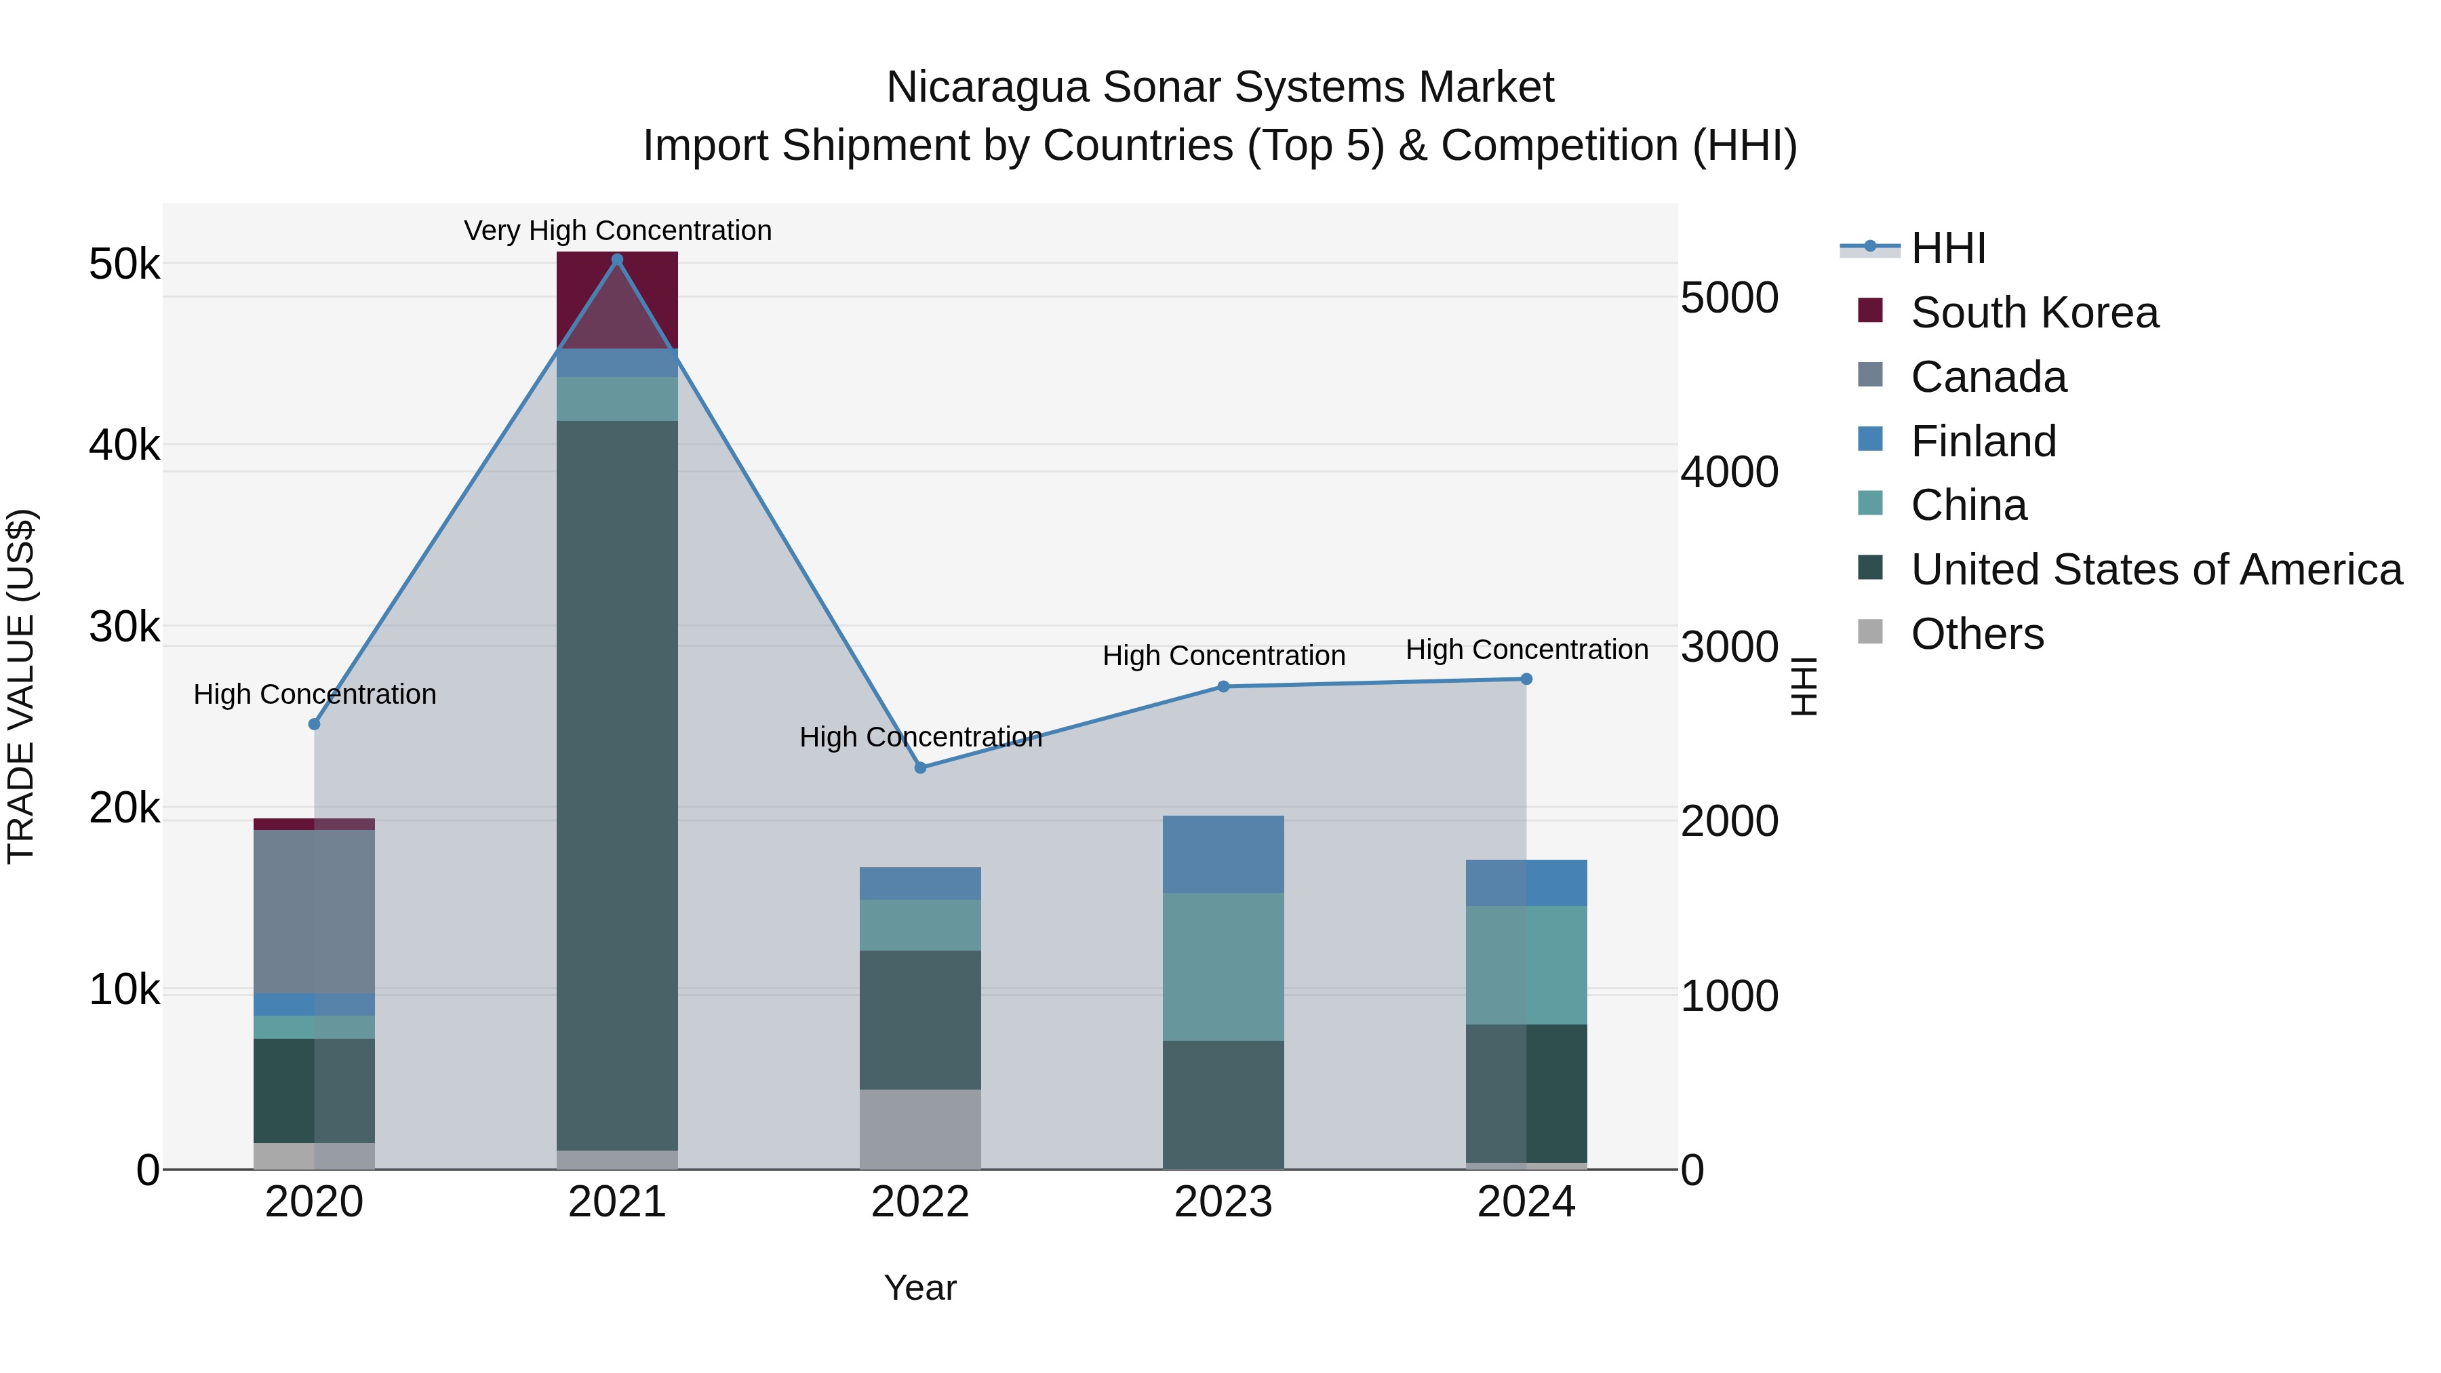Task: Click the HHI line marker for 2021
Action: tap(617, 260)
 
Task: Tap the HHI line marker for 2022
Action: tap(920, 768)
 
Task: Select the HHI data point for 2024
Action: tap(1526, 679)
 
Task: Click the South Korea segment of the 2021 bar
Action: tap(617, 300)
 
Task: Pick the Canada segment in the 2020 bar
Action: tap(314, 911)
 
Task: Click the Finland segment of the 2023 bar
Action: tap(1223, 854)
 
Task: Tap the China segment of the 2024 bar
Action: tap(1526, 965)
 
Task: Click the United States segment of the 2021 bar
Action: tap(617, 786)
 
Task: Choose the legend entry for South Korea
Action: tap(2033, 313)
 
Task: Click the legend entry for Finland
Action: tap(1983, 441)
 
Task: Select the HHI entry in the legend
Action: tap(1947, 248)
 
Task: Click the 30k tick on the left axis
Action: tap(124, 627)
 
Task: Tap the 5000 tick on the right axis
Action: tap(1729, 298)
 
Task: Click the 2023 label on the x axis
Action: tap(1223, 1202)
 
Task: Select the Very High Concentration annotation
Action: tap(618, 231)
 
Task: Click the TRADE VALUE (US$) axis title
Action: tap(21, 686)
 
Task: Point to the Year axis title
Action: tap(920, 1288)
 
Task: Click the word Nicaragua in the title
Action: tap(985, 87)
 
